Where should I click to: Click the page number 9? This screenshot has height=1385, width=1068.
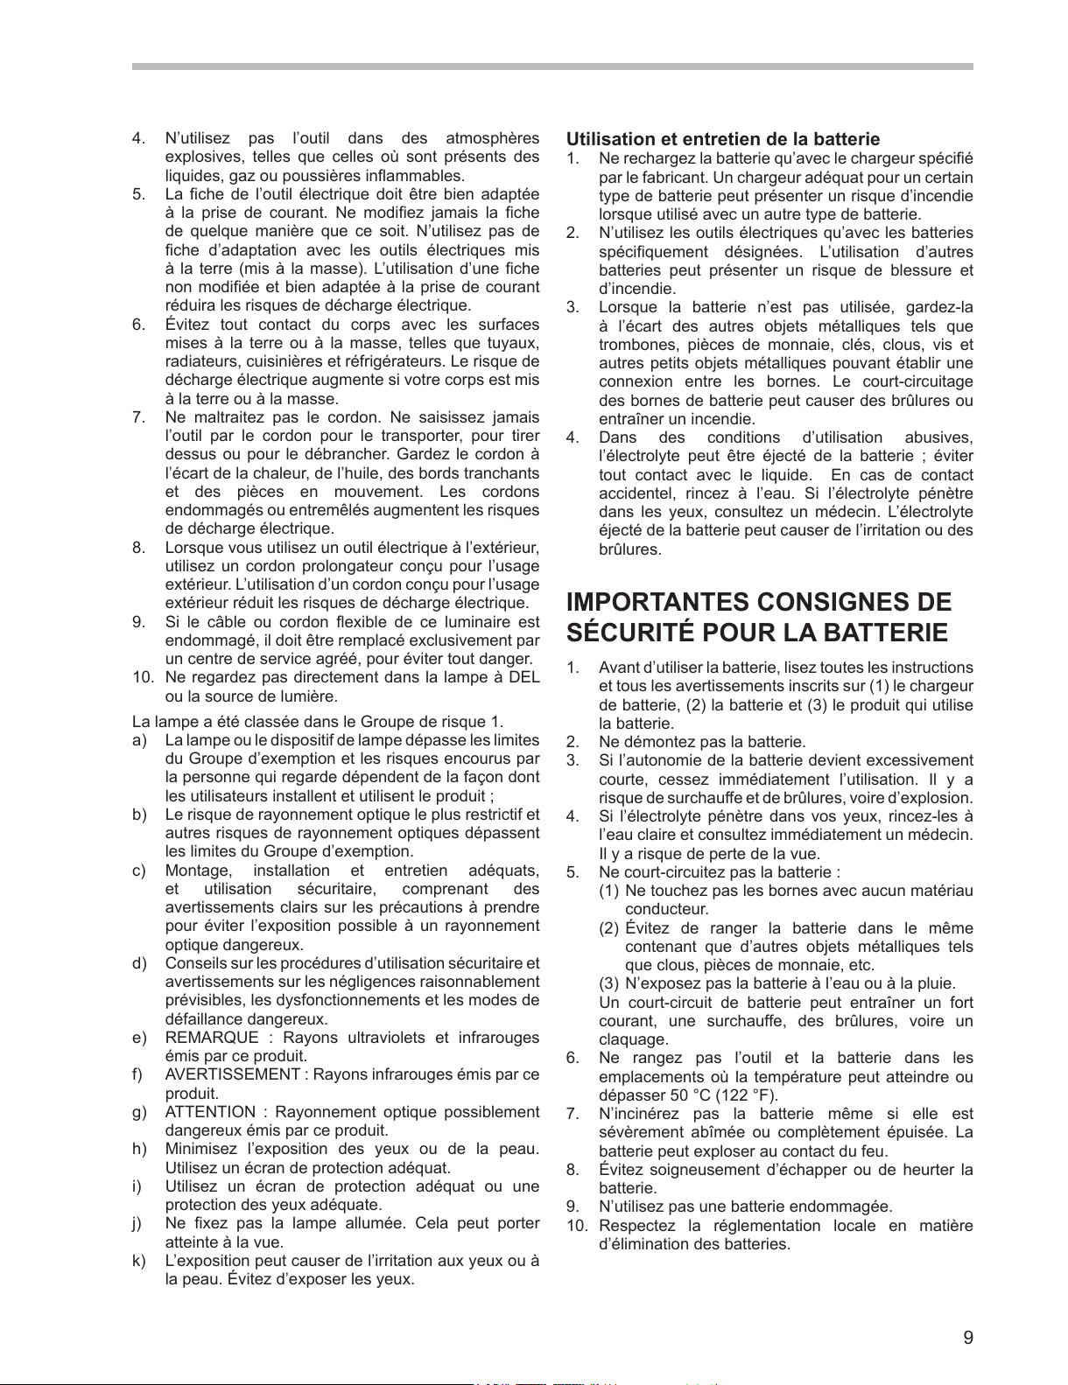[967, 1337]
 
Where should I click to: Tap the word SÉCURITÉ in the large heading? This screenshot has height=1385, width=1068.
[627, 633]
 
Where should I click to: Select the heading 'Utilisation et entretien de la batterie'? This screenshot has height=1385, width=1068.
[723, 139]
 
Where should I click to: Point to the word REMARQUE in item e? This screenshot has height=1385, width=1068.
[212, 1038]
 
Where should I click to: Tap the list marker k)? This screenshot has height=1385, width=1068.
[138, 1261]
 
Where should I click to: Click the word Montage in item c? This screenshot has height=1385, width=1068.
[199, 871]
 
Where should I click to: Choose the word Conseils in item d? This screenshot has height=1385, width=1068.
[193, 963]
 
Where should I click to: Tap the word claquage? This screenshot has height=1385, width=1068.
[633, 1039]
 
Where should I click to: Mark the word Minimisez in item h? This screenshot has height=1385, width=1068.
[200, 1149]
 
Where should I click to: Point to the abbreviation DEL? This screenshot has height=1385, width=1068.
[523, 677]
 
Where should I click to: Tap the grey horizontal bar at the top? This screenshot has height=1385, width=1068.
[552, 66]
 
